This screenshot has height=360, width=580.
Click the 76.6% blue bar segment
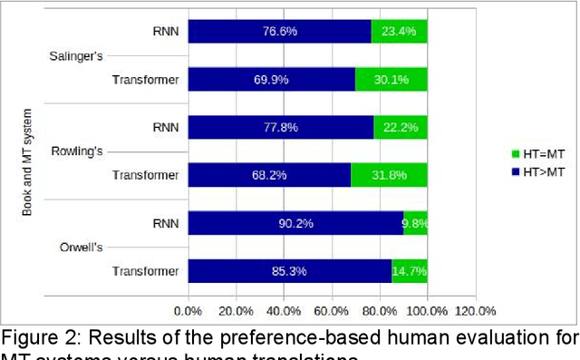click(279, 32)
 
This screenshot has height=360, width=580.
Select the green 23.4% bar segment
click(399, 32)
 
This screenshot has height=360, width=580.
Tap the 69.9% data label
click(272, 80)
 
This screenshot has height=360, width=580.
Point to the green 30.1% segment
click(391, 80)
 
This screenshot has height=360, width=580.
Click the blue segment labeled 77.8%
click(281, 127)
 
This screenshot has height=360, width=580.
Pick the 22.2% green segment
click(401, 127)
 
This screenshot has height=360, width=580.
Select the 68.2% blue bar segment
click(269, 175)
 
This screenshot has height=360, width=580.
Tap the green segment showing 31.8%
click(389, 175)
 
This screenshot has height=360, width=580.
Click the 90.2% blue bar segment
click(295, 223)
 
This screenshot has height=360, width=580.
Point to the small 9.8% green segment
click(415, 223)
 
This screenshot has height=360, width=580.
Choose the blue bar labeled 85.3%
click(290, 270)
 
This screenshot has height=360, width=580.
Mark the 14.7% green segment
click(410, 270)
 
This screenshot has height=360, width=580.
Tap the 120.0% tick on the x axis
click(475, 311)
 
